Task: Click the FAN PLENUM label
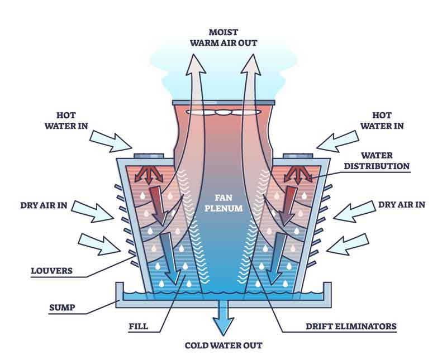pyautogui.click(x=223, y=203)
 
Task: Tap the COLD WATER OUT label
pyautogui.click(x=223, y=345)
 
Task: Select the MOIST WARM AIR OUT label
pyautogui.click(x=223, y=37)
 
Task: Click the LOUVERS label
pyautogui.click(x=51, y=271)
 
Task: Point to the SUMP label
pyautogui.click(x=62, y=308)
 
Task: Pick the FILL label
pyautogui.click(x=138, y=326)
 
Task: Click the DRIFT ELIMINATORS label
pyautogui.click(x=351, y=326)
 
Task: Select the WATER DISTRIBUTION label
pyautogui.click(x=377, y=161)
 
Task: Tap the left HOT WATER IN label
pyautogui.click(x=66, y=121)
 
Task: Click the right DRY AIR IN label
pyautogui.click(x=401, y=204)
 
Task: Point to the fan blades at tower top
pyautogui.click(x=223, y=112)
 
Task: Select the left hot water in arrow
pyautogui.click(x=111, y=141)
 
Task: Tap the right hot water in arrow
pyautogui.click(x=337, y=141)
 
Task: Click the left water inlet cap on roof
pyautogui.click(x=149, y=156)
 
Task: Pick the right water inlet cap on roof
pyautogui.click(x=298, y=156)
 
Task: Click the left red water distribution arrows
pyautogui.click(x=149, y=174)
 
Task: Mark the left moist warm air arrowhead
pyautogui.click(x=196, y=65)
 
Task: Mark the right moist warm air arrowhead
pyautogui.click(x=251, y=65)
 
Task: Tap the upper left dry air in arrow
pyautogui.click(x=92, y=212)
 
